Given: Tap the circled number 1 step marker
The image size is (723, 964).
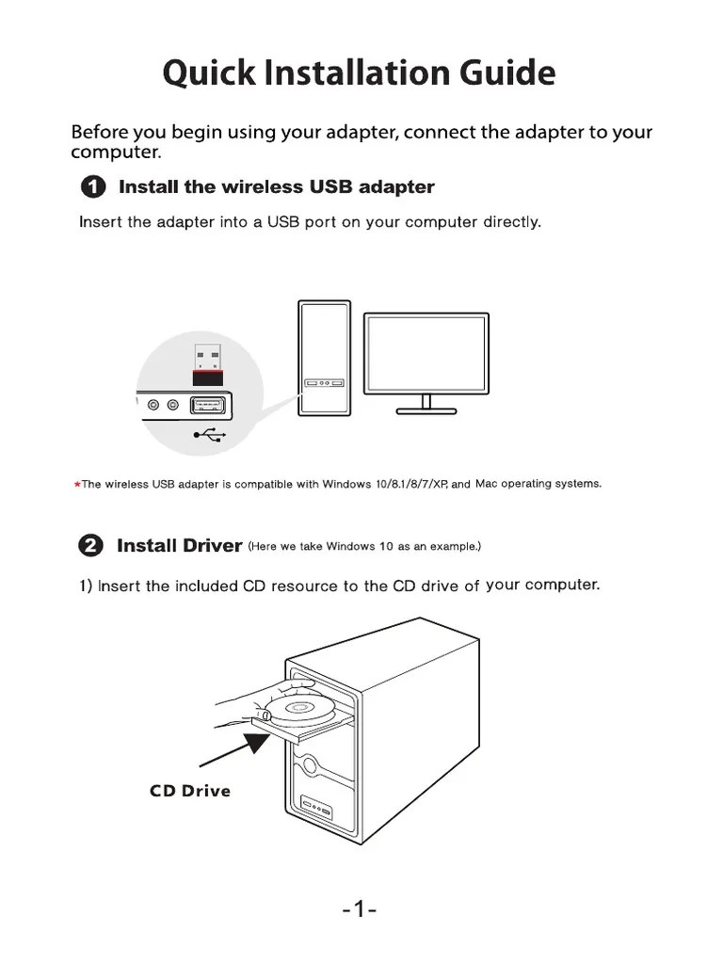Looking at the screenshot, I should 93,186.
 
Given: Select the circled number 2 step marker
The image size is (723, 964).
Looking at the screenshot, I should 91,546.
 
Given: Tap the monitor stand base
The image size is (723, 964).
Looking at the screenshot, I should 426,410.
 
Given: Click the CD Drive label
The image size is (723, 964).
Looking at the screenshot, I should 189,791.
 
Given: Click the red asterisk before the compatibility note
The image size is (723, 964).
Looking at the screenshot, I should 76,485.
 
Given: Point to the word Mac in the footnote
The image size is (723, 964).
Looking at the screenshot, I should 486,484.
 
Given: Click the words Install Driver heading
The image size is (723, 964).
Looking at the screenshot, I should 179,546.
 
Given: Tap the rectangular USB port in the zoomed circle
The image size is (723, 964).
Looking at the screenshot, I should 209,406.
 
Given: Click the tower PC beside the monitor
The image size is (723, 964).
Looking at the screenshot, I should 324,358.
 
